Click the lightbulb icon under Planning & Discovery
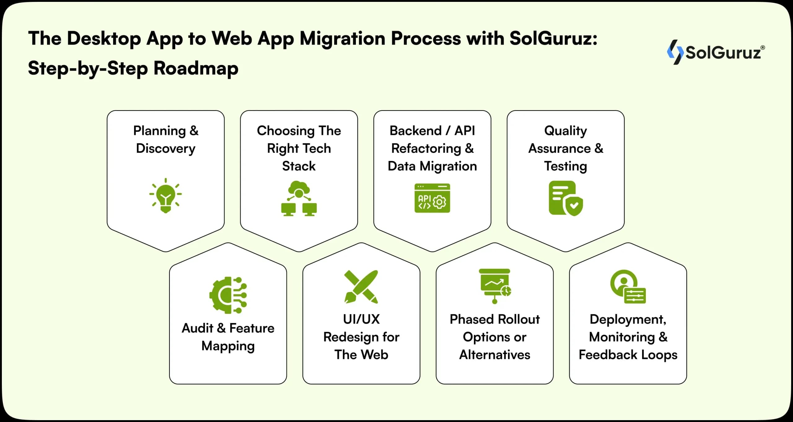pyautogui.click(x=166, y=196)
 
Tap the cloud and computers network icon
pyautogui.click(x=299, y=198)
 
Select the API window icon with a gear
pyautogui.click(x=432, y=198)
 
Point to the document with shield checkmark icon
pyautogui.click(x=565, y=198)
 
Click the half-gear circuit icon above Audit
pyautogui.click(x=228, y=295)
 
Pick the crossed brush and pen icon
pyautogui.click(x=361, y=286)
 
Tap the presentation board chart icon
pyautogui.click(x=495, y=286)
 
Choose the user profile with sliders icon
pyautogui.click(x=628, y=286)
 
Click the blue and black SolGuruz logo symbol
pyautogui.click(x=675, y=52)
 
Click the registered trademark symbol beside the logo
pyautogui.click(x=762, y=48)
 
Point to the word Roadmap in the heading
pyautogui.click(x=196, y=68)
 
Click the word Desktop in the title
pyautogui.click(x=104, y=39)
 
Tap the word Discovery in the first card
pyautogui.click(x=166, y=149)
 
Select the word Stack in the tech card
pyautogui.click(x=299, y=166)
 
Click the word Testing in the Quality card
pyautogui.click(x=566, y=166)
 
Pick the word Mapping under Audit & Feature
pyautogui.click(x=228, y=346)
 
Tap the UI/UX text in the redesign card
pyautogui.click(x=361, y=319)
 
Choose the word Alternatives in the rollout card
pyautogui.click(x=495, y=355)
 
